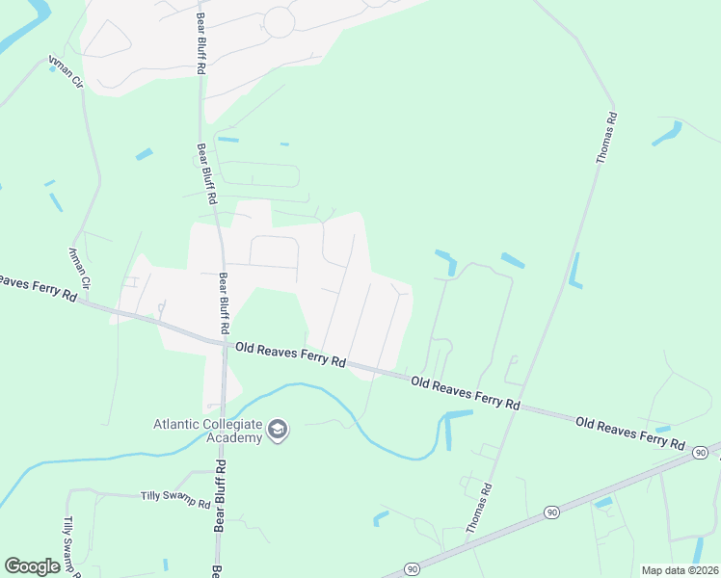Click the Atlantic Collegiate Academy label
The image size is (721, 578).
pyautogui.click(x=208, y=431)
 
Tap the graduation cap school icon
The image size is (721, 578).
pyautogui.click(x=278, y=430)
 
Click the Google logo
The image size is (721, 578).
pyautogui.click(x=32, y=566)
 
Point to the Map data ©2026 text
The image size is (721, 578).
pyautogui.click(x=680, y=570)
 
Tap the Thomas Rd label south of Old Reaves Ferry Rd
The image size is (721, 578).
pyautogui.click(x=479, y=509)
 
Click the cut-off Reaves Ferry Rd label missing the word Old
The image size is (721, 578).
pyautogui.click(x=37, y=286)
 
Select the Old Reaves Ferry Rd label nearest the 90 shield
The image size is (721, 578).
pyautogui.click(x=630, y=433)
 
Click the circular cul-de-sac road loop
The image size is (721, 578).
pyautogui.click(x=279, y=21)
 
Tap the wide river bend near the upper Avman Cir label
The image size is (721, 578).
pyautogui.click(x=19, y=34)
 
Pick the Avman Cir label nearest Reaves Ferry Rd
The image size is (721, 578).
pyautogui.click(x=79, y=268)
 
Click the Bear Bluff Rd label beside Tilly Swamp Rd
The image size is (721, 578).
pyautogui.click(x=220, y=496)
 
